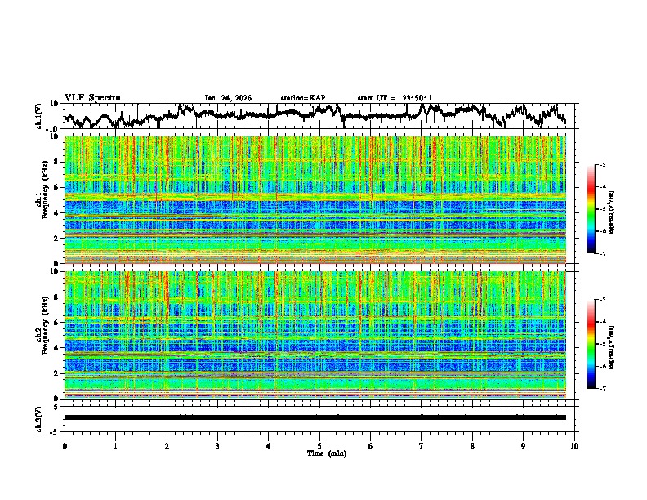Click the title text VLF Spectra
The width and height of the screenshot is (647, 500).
(x=92, y=97)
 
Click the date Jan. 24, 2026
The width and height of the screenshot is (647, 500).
(x=228, y=98)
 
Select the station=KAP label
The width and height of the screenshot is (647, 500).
(x=302, y=98)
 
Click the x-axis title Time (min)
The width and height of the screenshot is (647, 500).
(x=319, y=453)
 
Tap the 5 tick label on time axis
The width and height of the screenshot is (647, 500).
(x=319, y=445)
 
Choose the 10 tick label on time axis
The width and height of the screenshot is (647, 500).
(x=574, y=445)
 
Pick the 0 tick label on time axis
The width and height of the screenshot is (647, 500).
(x=65, y=445)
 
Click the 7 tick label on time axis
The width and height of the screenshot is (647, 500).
(x=422, y=445)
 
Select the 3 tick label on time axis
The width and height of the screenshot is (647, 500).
(x=217, y=445)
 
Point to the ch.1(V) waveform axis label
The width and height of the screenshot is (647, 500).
(x=38, y=116)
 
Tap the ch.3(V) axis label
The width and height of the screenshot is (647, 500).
(x=38, y=417)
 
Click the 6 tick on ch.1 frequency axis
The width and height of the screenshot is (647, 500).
(x=58, y=187)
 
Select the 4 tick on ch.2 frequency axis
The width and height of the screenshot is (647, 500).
(x=58, y=348)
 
